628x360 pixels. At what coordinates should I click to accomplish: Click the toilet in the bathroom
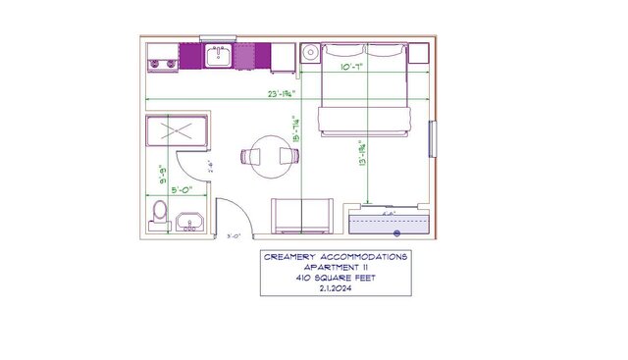161,211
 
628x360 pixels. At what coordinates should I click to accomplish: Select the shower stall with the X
179,131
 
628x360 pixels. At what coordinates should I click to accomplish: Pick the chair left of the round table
247,155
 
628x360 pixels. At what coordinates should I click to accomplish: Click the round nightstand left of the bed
310,53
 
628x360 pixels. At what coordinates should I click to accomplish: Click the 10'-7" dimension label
353,68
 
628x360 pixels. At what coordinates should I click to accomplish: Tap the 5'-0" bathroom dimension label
181,189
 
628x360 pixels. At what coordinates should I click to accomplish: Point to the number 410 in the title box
304,278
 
